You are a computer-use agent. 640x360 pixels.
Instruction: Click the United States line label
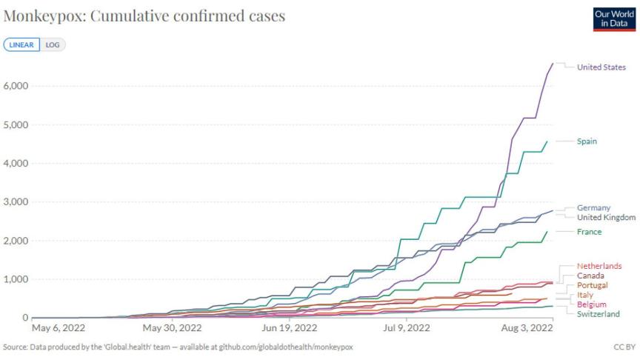(601, 67)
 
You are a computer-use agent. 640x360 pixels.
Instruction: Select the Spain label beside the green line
(587, 141)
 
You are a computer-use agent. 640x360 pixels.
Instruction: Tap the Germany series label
(593, 208)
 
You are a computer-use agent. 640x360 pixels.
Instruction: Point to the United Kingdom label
(606, 217)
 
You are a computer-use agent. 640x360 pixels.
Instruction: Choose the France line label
(589, 232)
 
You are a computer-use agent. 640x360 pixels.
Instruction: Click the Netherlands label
(599, 266)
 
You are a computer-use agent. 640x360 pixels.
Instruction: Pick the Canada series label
(590, 276)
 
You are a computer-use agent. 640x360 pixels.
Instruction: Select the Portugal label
(593, 285)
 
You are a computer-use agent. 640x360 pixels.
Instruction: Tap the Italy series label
(585, 295)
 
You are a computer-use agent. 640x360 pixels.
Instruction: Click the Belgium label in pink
(592, 304)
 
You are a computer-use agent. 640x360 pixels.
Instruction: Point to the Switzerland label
(598, 314)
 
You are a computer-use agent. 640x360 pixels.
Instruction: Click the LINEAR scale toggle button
(21, 44)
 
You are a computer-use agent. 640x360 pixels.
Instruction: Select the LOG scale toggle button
(53, 44)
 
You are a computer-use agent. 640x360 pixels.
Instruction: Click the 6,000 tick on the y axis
(16, 86)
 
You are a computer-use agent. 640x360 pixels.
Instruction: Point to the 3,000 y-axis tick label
(16, 202)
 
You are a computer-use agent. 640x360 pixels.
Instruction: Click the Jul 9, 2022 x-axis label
(407, 327)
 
